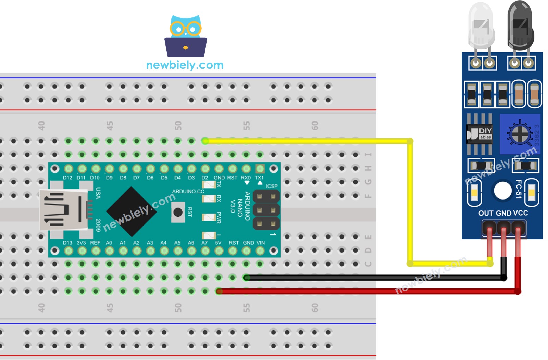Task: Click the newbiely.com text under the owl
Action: point(185,65)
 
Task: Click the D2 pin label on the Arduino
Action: point(204,178)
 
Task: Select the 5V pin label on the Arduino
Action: point(218,243)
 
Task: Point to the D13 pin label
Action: point(67,243)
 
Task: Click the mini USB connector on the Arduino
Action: point(63,209)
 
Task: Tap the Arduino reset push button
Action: point(178,212)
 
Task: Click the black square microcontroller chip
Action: point(132,211)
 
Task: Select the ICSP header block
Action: point(266,210)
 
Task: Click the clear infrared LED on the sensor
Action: point(481,27)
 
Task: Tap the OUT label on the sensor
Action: point(486,213)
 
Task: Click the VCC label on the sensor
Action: point(521,213)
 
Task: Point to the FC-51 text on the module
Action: point(519,189)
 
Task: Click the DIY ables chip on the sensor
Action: point(480,134)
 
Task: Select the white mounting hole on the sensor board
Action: point(502,190)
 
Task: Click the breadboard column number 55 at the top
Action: point(246,126)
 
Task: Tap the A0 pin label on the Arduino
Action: point(109,243)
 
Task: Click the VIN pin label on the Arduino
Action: point(261,243)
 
